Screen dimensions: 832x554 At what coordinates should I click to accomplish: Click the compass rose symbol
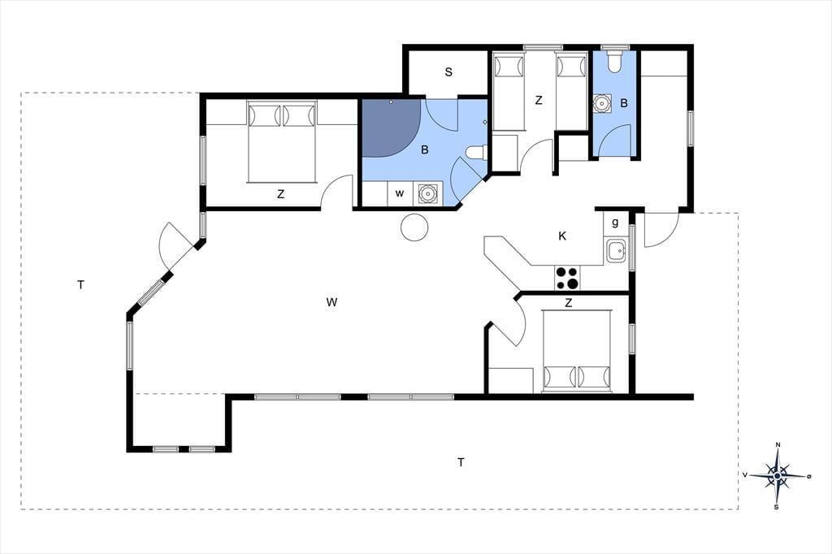778,475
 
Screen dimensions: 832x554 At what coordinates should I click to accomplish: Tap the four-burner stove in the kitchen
567,278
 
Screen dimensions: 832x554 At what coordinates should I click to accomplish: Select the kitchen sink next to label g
617,250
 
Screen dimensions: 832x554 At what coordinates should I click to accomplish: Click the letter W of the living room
331,302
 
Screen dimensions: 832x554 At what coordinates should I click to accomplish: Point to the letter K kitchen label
562,236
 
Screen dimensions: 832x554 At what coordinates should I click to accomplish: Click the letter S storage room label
448,72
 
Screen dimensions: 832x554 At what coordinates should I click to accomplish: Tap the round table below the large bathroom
414,227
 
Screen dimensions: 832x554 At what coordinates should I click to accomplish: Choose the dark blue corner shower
391,128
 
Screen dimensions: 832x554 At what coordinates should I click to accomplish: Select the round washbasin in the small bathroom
602,103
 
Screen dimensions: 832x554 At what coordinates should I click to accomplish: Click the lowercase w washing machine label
400,193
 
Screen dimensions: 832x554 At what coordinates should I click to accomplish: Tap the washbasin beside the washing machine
427,193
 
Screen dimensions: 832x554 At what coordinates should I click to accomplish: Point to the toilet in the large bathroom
476,153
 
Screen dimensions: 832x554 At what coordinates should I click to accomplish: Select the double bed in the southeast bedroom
577,351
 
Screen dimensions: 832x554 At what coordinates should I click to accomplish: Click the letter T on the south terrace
461,463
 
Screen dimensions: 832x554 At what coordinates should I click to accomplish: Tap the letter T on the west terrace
80,285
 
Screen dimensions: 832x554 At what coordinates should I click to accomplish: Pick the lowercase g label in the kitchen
615,223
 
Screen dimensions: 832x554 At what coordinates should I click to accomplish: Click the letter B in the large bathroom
424,150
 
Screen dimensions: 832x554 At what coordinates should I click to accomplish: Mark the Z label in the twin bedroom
539,100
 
